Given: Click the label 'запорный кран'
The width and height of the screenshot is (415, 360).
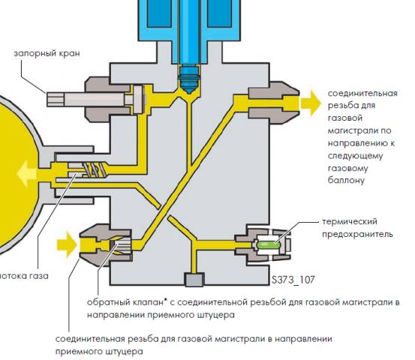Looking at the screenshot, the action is point(47,53).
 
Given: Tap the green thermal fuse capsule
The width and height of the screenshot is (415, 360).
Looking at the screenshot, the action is point(267,244).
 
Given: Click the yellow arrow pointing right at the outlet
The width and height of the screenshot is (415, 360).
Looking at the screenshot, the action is point(311,103).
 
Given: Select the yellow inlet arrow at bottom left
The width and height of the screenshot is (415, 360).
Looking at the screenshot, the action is point(67,244).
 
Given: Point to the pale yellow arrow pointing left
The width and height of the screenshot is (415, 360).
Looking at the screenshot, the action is point(26,173).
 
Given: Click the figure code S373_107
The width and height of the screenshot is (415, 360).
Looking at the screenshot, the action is point(293,280).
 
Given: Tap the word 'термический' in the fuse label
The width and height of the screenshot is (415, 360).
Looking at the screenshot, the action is point(350,222).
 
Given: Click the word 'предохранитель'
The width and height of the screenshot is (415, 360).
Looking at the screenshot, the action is point(357,234).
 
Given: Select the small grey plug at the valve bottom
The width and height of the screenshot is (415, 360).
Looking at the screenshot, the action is point(194,280).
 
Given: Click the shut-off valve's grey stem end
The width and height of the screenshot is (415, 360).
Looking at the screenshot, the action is point(56,99).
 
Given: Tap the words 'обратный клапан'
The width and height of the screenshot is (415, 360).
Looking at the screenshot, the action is point(125,302).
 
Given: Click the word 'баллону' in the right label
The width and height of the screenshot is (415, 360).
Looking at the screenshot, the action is point(346,181).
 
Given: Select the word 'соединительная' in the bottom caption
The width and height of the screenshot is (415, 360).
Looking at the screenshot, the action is point(90,339).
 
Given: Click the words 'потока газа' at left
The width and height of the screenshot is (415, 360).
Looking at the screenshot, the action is point(24,276).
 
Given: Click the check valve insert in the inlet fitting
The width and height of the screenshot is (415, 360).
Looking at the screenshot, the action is point(120,244).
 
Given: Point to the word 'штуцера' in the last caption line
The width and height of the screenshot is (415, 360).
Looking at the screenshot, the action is point(124,352).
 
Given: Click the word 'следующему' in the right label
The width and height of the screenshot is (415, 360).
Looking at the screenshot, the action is point(355,155).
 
